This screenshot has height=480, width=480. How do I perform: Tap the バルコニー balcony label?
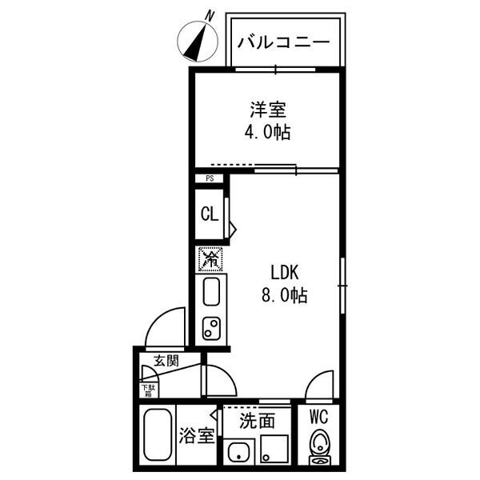click(284, 42)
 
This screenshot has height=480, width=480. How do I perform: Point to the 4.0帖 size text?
click(266, 133)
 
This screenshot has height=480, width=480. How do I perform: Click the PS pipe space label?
click(210, 180)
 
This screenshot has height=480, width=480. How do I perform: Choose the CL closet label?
click(209, 214)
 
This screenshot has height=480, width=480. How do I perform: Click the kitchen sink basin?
click(212, 292)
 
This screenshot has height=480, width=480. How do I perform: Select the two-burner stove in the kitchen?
click(213, 328)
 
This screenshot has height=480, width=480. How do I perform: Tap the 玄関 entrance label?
click(166, 361)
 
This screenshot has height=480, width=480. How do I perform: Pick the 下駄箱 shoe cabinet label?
click(149, 390)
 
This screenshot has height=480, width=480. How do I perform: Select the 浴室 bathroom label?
click(196, 437)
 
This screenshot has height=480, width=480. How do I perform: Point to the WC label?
click(319, 416)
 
